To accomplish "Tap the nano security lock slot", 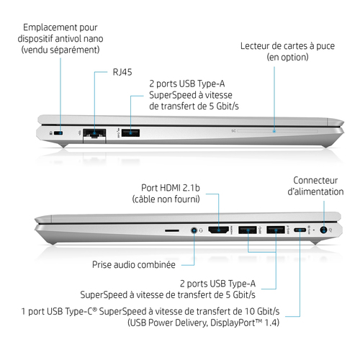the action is (x=58, y=133).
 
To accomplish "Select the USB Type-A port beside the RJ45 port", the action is (x=130, y=133).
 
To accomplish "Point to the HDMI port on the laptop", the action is (x=219, y=230).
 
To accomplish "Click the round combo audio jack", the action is (x=194, y=230).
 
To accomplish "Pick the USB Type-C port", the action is (x=300, y=230).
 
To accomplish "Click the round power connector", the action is (x=323, y=230).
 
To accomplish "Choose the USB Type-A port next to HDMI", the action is (x=248, y=230).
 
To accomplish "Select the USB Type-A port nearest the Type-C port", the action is (x=276, y=230).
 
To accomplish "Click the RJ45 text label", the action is (x=122, y=72).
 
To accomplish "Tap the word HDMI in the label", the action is (x=170, y=188).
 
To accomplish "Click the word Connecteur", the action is (x=315, y=180).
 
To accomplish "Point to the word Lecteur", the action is (x=255, y=46).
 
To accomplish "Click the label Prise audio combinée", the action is (x=134, y=265).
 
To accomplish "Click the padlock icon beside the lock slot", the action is (x=50, y=133).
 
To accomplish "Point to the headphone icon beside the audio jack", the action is (x=201, y=230).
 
